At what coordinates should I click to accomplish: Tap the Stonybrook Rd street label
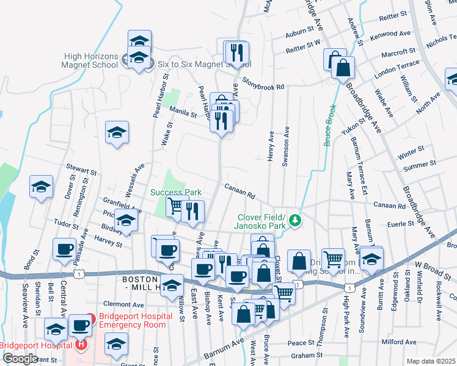[263, 87]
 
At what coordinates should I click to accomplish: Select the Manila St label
[183, 113]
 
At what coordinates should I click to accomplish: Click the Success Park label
[176, 192]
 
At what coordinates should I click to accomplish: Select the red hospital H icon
[81, 345]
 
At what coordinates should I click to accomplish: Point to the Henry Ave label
[270, 147]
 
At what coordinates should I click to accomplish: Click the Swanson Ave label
[285, 147]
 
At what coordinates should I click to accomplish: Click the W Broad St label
[428, 265]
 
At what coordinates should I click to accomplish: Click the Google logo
[20, 358]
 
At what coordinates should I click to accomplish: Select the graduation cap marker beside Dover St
[41, 187]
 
